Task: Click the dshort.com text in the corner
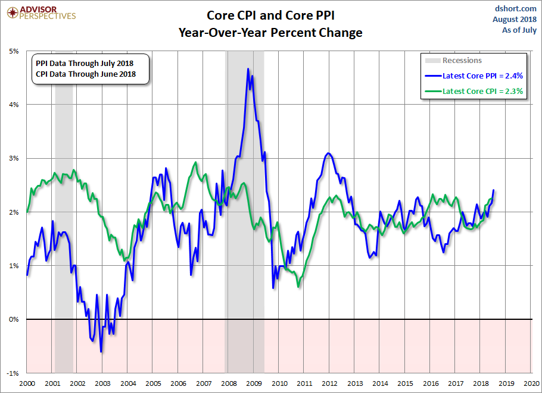point(516,8)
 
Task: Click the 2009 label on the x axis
point(254,383)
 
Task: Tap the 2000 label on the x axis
point(27,383)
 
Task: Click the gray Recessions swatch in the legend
point(432,60)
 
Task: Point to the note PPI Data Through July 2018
point(85,63)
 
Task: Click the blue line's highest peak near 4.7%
point(248,69)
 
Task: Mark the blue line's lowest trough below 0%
point(101,351)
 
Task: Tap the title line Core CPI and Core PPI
point(270,14)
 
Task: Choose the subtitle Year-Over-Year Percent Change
point(270,32)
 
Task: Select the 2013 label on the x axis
point(355,383)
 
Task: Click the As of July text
point(519,30)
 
